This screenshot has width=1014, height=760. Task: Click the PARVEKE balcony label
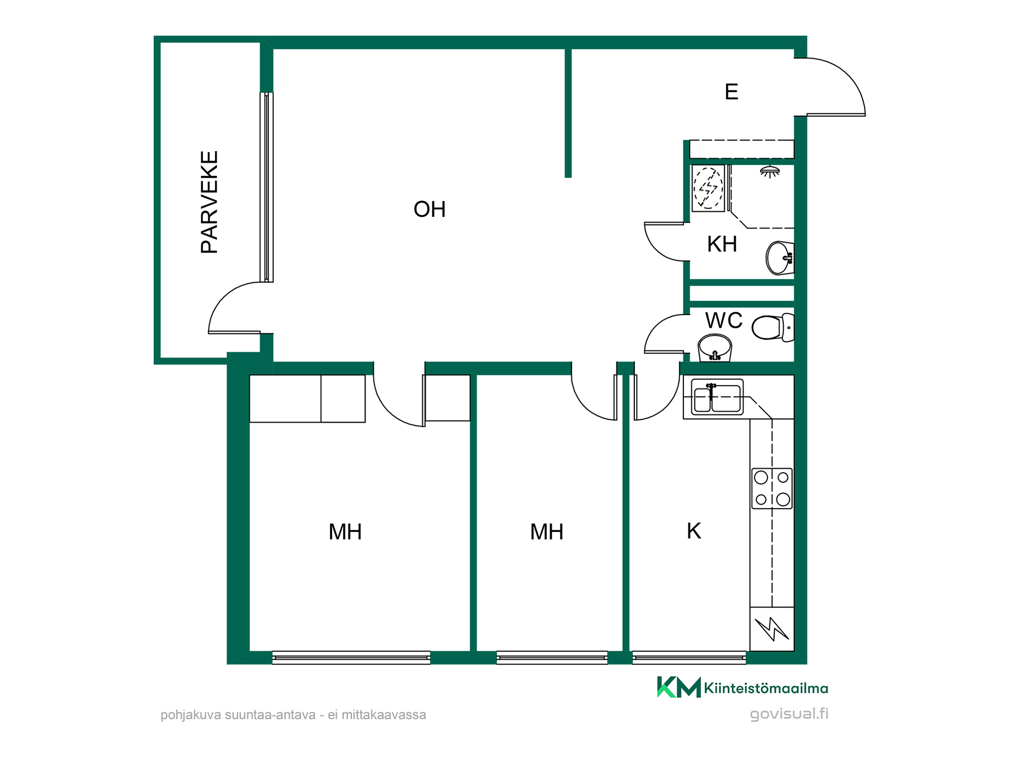[x=210, y=202]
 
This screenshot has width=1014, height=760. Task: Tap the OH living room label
[x=429, y=210]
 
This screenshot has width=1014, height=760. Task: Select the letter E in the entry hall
[x=731, y=92]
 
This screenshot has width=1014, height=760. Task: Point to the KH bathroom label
[x=722, y=244]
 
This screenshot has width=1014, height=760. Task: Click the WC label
[x=724, y=320]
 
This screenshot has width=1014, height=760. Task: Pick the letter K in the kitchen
[x=693, y=531]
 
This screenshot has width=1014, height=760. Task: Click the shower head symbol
[x=770, y=171]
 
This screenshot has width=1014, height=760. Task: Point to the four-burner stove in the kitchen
[x=772, y=488]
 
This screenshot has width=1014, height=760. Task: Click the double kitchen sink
[x=717, y=397]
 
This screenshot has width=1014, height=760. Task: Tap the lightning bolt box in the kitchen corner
[x=772, y=629]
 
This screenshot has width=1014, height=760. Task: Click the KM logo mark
[x=679, y=687]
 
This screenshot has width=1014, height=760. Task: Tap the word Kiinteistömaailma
[x=766, y=688]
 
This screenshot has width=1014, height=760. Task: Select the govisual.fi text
[x=789, y=714]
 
